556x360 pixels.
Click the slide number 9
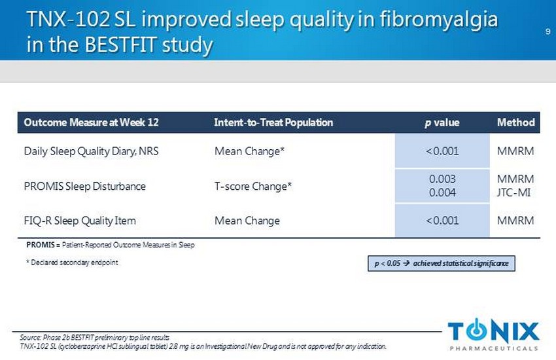tap(548, 31)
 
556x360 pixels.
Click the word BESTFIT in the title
tap(121, 45)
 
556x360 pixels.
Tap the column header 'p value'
tap(442, 122)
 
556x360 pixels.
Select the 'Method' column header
tap(516, 122)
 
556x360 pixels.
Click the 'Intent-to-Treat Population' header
tap(273, 122)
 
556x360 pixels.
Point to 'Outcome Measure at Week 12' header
tap(91, 122)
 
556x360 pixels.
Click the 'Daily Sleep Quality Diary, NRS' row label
tap(91, 151)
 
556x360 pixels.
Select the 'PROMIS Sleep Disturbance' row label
tap(85, 186)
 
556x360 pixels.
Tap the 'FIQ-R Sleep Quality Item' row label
tap(80, 221)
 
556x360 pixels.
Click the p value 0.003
tap(442, 179)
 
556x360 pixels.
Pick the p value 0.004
tap(442, 192)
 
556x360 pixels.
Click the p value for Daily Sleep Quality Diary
tap(442, 151)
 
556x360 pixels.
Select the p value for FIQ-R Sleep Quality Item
tap(442, 221)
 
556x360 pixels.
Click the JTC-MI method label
tap(513, 192)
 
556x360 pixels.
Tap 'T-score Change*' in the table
tap(253, 186)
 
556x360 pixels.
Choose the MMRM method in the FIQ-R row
tap(515, 221)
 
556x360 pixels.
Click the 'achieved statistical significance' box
tap(442, 264)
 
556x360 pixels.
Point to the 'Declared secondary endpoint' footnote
tap(72, 262)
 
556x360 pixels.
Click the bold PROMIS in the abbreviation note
tap(41, 245)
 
